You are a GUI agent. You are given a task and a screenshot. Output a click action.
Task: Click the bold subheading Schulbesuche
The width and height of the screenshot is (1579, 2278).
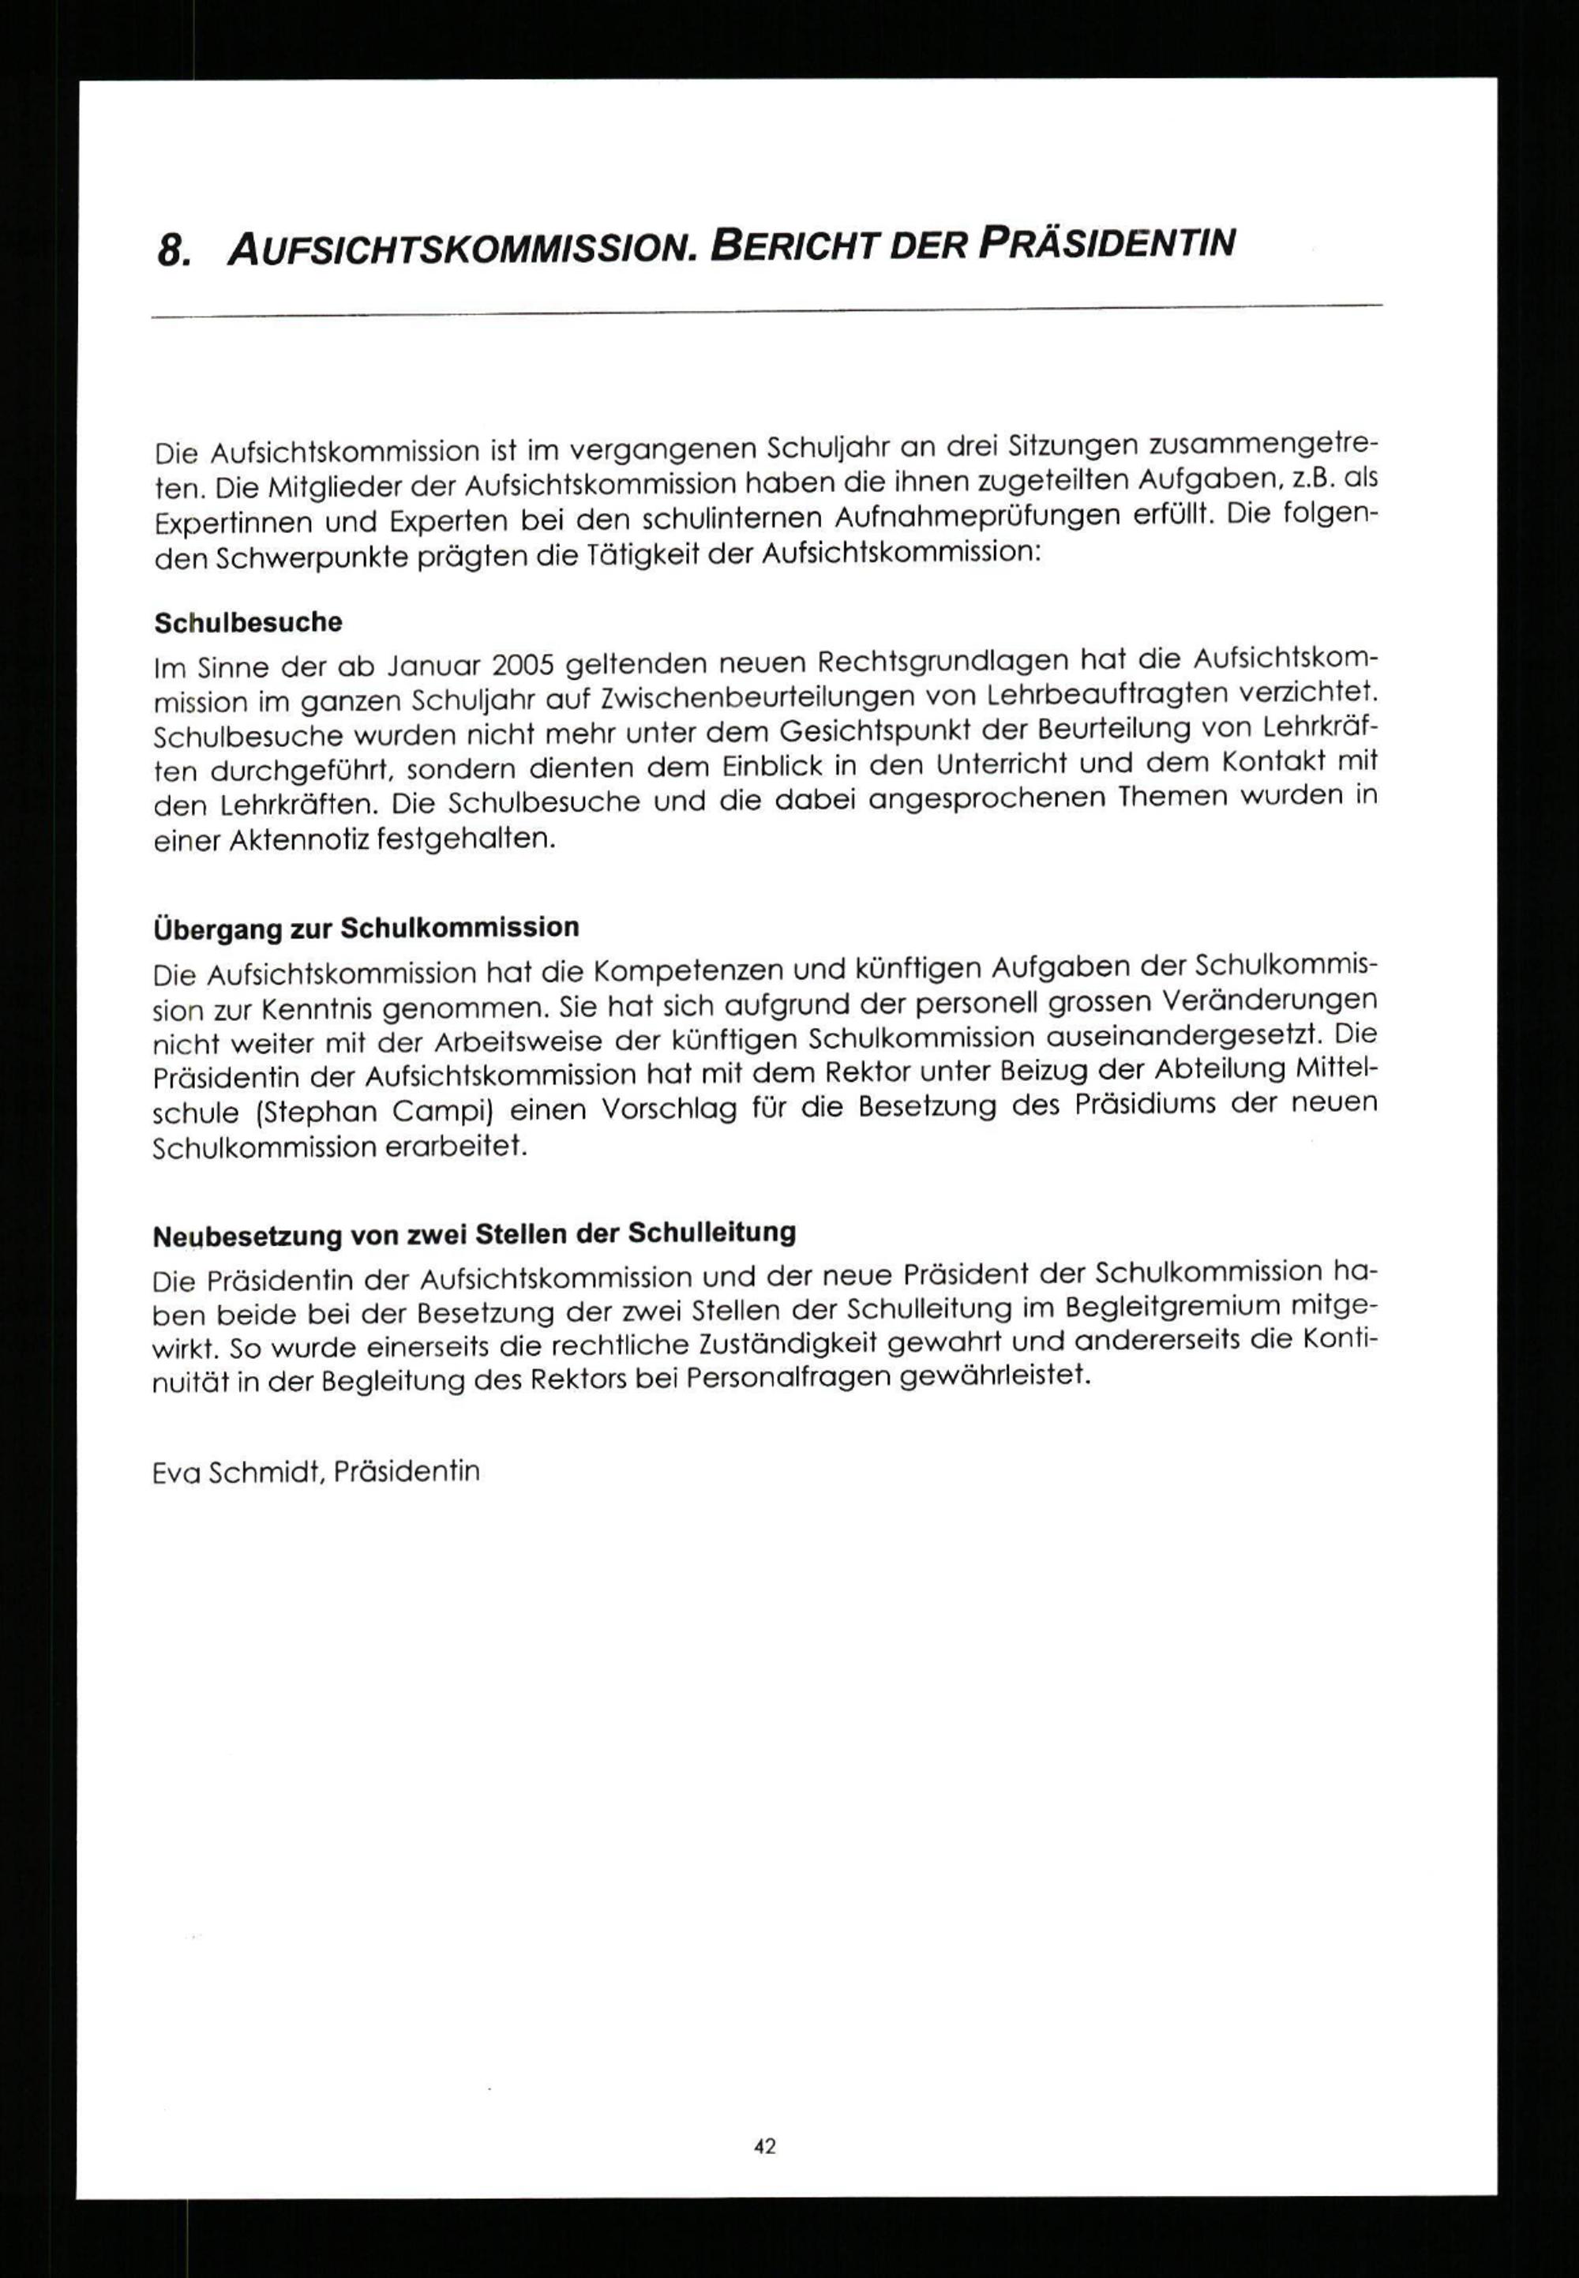(249, 622)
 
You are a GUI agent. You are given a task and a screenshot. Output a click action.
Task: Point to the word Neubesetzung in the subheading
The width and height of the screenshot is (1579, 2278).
(230, 1236)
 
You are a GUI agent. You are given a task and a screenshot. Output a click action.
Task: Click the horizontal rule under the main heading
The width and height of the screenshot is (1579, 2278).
(767, 311)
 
